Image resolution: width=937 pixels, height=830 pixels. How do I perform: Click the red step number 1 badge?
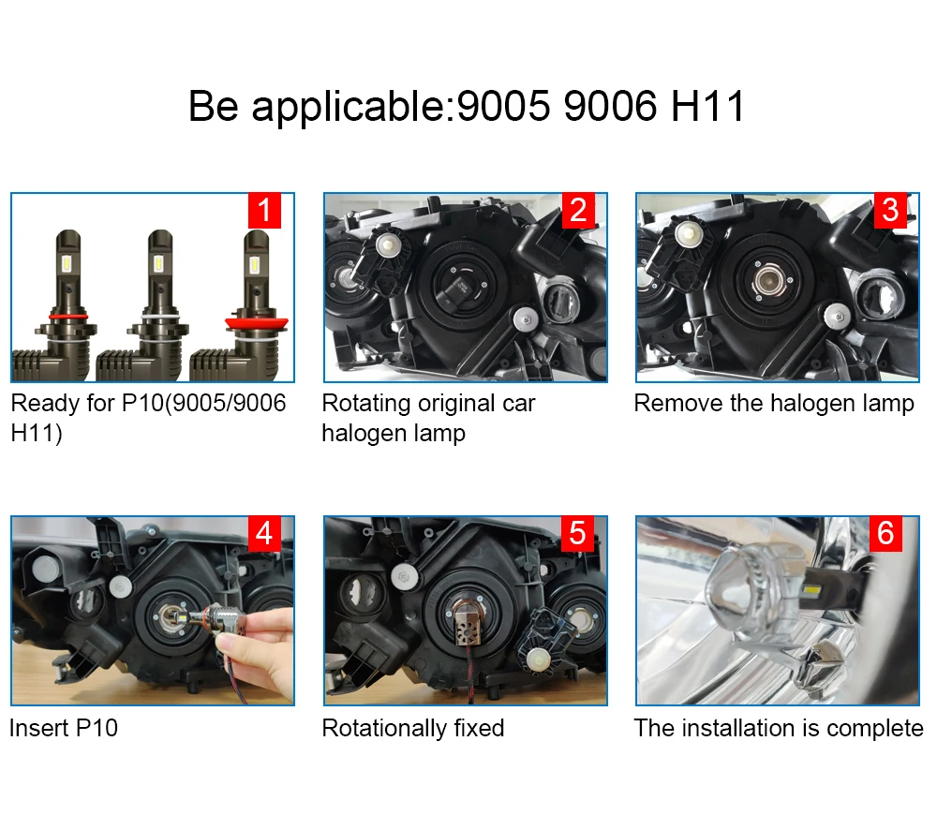(x=264, y=211)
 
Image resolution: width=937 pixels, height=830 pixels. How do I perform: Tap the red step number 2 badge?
(x=578, y=211)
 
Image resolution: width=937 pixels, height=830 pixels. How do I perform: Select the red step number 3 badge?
(x=890, y=211)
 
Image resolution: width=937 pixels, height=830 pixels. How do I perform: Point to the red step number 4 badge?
(x=264, y=534)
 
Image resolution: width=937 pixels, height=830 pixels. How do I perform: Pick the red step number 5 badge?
(x=577, y=534)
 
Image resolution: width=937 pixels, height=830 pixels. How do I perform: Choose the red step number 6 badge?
(x=885, y=534)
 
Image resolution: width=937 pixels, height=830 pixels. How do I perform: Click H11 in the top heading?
(x=707, y=107)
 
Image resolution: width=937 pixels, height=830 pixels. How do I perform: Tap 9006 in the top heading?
(x=610, y=107)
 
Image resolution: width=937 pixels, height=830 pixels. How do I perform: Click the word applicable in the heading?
(x=349, y=108)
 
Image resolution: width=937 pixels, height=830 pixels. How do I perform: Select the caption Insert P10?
(x=64, y=728)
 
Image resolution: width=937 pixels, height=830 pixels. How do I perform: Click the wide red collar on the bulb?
(x=257, y=324)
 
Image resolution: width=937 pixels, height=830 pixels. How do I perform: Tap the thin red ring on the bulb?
(x=68, y=316)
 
